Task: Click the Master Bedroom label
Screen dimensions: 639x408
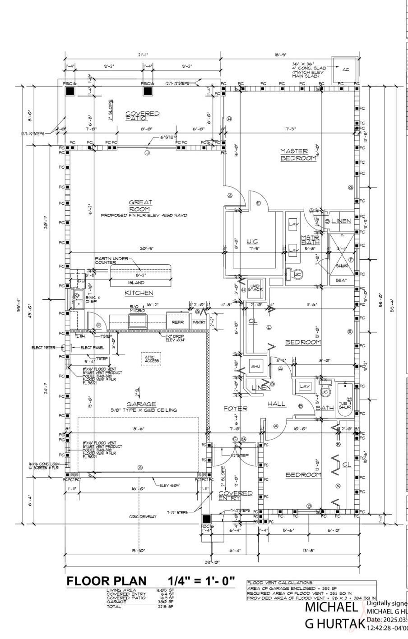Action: (298, 155)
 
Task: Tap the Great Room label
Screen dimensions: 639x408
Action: (140, 206)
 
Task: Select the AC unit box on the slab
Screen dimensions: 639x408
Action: (345, 70)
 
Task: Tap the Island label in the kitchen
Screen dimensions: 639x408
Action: (136, 283)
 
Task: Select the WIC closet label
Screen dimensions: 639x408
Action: (252, 241)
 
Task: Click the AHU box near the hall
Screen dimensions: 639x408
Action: (256, 367)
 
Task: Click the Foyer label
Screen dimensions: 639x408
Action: (236, 409)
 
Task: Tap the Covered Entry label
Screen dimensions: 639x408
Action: (235, 495)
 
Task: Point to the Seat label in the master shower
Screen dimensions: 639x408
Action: (341, 280)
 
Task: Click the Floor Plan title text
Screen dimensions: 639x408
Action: (107, 581)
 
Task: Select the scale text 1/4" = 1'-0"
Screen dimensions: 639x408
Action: (202, 581)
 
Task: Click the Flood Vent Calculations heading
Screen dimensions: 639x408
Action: (280, 583)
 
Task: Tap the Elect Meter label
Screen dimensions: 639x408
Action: (43, 347)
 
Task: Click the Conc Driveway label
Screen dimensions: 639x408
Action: (142, 516)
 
